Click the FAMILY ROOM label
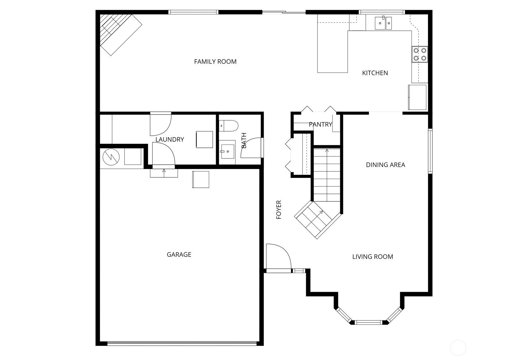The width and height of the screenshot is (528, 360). [x=215, y=61]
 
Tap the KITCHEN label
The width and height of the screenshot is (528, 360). [x=375, y=73]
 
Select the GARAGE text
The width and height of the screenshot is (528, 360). [x=179, y=255]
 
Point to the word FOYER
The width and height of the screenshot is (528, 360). [x=279, y=210]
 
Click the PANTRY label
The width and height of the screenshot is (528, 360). [x=320, y=124]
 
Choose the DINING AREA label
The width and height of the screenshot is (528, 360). [x=385, y=165]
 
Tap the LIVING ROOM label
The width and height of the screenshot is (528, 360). [x=373, y=257]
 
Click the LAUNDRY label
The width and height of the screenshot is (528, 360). [x=170, y=139]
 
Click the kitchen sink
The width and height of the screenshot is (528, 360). [x=383, y=23]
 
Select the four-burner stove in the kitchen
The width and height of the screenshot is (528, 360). [x=420, y=54]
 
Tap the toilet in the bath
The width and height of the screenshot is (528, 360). [x=228, y=126]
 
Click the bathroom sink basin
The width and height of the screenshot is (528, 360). [x=228, y=151]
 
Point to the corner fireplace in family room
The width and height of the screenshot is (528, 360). [x=121, y=35]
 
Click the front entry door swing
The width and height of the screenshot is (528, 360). [x=279, y=258]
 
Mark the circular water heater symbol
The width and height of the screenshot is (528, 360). [x=111, y=157]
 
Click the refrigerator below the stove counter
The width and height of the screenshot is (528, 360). [x=417, y=97]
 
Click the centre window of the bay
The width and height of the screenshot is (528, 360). [x=368, y=322]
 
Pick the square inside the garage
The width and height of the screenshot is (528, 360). [x=201, y=180]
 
